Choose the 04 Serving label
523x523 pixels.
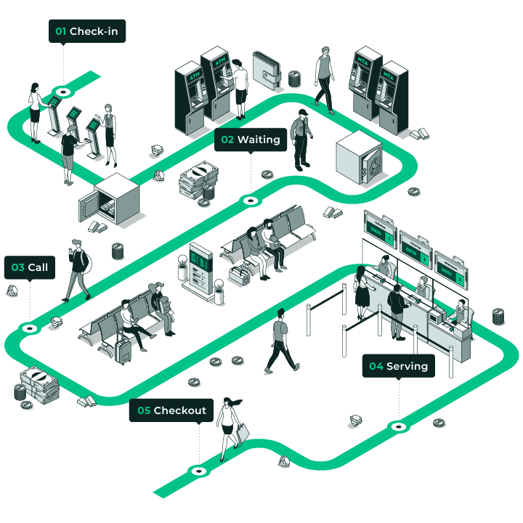[x=398, y=366]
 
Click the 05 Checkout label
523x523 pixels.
[x=172, y=410]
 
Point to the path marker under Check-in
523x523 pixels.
[x=63, y=92]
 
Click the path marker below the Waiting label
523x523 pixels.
[x=251, y=200]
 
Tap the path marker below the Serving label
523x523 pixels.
[x=397, y=426]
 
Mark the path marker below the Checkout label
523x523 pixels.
[x=198, y=471]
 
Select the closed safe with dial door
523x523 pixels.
[x=359, y=161]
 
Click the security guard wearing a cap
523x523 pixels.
[x=301, y=139]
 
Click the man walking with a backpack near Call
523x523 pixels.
[x=77, y=269]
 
